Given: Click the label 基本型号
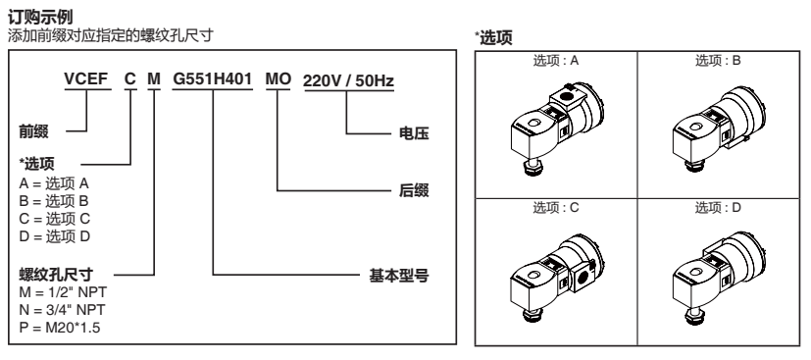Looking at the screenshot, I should tap(400, 276).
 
